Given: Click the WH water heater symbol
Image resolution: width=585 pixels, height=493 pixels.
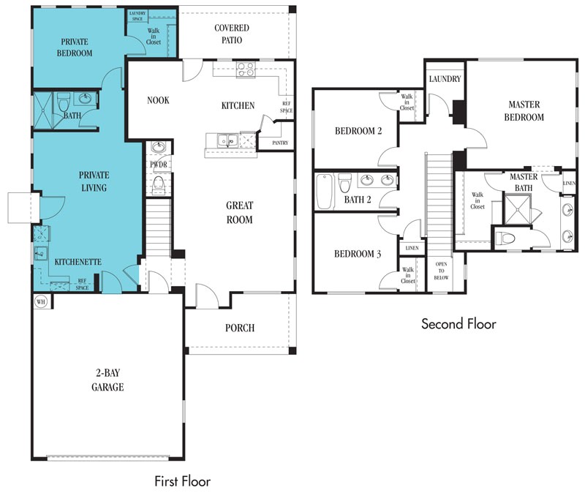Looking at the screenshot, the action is point(41,301).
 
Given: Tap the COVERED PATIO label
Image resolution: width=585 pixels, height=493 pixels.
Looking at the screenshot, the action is point(232,34).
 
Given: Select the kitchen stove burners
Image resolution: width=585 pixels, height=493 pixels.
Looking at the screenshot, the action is point(246,69).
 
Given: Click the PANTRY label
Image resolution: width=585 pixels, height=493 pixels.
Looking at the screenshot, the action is point(280,143).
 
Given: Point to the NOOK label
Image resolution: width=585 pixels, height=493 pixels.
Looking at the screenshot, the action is point(158,100).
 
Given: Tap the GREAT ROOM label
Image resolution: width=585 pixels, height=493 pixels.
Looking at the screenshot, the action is point(240,212).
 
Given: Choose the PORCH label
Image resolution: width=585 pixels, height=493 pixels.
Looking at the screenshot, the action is point(240,328).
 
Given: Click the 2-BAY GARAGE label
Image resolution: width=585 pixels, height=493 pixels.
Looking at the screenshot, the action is point(107,380).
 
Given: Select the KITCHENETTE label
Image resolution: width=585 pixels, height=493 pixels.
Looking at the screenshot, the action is point(78,262).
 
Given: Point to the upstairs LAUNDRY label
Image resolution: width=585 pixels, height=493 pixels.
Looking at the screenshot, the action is point(445,79).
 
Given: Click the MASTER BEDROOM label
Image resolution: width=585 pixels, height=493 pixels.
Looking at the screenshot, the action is point(524,111).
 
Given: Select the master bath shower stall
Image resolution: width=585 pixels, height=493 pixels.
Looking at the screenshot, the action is point(518,210).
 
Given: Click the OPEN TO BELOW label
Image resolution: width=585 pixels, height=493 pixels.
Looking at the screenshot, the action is point(441,271).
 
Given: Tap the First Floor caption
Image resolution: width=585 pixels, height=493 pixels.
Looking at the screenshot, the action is point(182,481).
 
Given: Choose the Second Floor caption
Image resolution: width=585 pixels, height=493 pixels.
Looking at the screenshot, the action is point(458,323).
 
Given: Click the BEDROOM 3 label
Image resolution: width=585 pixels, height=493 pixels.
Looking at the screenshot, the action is point(358,254).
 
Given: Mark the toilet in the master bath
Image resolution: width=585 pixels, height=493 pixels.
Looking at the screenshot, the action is point(506,237).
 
